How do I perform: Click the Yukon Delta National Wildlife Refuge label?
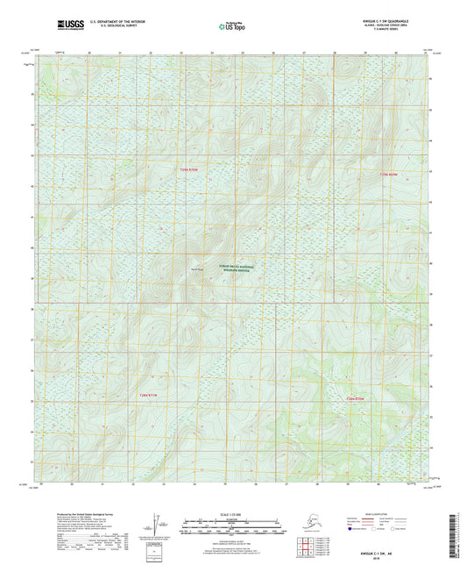click(x=228, y=270)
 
